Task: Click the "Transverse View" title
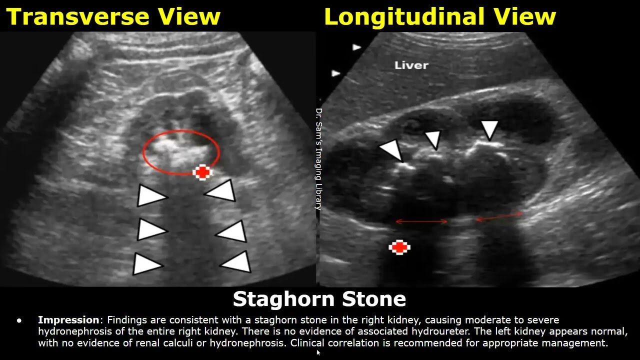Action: tap(113, 16)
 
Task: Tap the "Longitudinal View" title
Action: tap(439, 16)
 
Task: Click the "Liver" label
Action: tap(411, 65)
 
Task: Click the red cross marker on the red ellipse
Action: tap(202, 172)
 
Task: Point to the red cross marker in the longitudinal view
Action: tap(399, 247)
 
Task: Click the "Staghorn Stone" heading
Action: tap(319, 299)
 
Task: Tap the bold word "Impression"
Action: tap(68, 320)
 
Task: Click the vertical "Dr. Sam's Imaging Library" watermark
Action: tap(318, 159)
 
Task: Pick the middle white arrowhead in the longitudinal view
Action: tap(433, 139)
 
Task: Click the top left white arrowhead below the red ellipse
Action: tap(151, 196)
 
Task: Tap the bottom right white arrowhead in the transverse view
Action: tap(236, 262)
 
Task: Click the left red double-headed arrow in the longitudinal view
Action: tap(421, 220)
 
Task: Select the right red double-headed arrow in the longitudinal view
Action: tap(499, 216)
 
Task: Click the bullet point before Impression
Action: tap(19, 320)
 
